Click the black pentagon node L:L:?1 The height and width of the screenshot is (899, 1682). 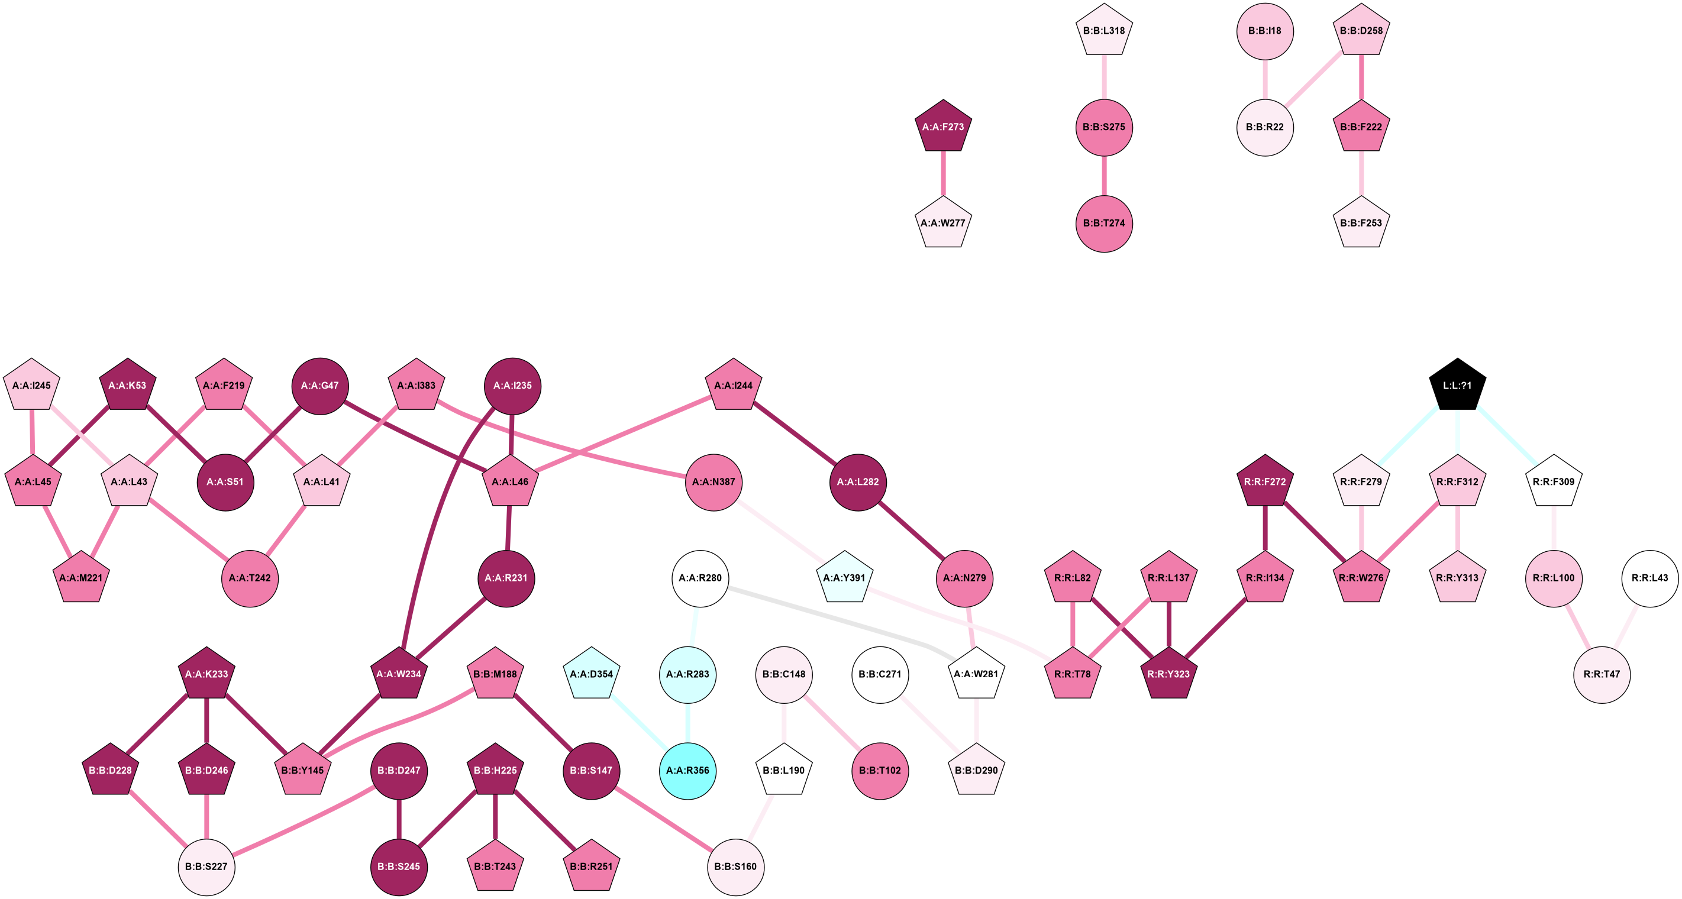[1457, 385]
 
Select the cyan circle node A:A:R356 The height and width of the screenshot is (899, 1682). [687, 771]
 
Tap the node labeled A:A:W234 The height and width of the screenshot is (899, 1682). [398, 674]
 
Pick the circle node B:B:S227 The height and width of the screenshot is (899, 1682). [206, 866]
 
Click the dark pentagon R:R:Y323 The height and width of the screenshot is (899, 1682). [1168, 674]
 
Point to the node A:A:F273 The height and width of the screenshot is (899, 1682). [943, 127]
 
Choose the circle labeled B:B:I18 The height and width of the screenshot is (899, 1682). [1265, 31]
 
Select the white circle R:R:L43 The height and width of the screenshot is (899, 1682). [1649, 578]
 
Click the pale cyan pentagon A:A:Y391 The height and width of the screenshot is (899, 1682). [844, 578]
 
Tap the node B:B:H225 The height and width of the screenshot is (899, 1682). [495, 771]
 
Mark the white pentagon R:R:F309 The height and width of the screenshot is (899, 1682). [1554, 482]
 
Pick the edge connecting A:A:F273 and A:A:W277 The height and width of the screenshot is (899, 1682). [943, 174]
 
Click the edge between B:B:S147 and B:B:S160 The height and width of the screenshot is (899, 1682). [663, 818]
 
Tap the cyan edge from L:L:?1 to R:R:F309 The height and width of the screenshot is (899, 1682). [1506, 434]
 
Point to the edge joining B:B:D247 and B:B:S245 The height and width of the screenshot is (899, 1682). [399, 819]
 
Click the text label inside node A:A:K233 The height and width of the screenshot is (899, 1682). [206, 674]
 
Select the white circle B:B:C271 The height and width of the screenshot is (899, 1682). [880, 674]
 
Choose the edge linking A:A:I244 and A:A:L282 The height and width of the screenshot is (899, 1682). [795, 434]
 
